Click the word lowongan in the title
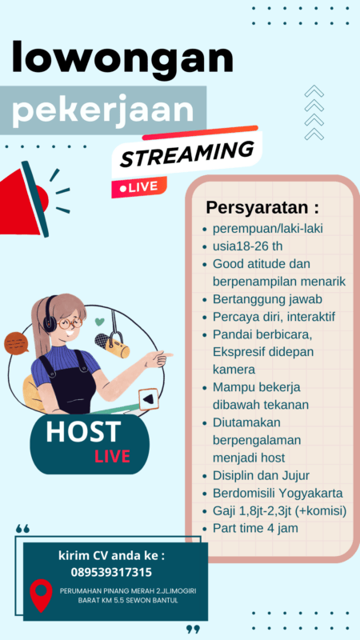click(122, 60)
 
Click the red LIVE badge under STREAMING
click(139, 186)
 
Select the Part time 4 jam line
click(255, 529)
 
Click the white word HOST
click(82, 432)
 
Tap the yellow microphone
click(116, 348)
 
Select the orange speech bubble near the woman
click(17, 343)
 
